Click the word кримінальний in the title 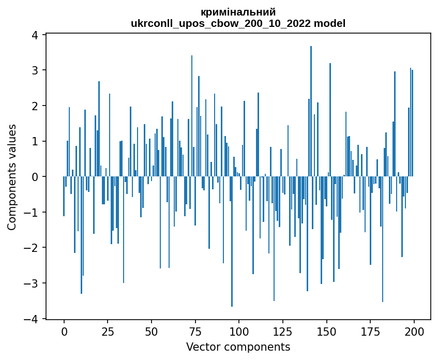coord(238,12)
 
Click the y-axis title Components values coord(12,177)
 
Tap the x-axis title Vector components coord(238,347)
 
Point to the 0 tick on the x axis coord(64,331)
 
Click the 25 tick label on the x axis coord(108,331)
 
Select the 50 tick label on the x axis coord(152,331)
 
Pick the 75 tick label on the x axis coord(195,331)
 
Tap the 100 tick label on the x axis coord(239,331)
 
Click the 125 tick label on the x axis coord(282,331)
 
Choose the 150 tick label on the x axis coord(326,331)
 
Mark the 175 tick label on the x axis coord(370,331)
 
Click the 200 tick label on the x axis coord(414,331)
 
